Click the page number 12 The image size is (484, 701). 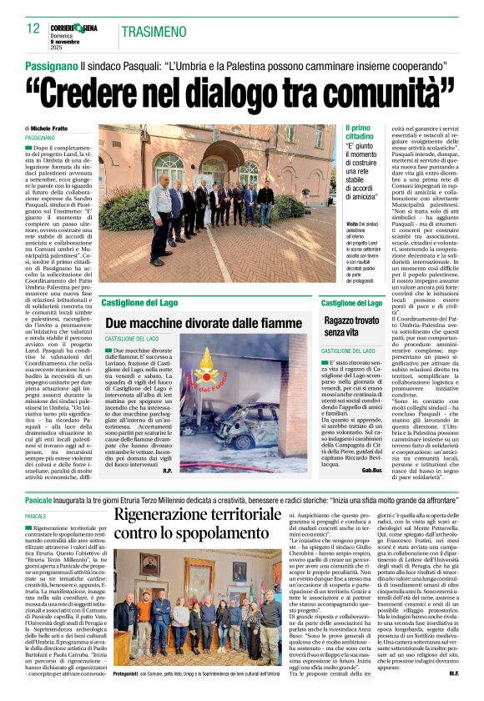click(x=33, y=28)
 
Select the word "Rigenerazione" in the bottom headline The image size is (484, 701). click(x=179, y=514)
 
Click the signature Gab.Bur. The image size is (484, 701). click(x=372, y=471)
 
